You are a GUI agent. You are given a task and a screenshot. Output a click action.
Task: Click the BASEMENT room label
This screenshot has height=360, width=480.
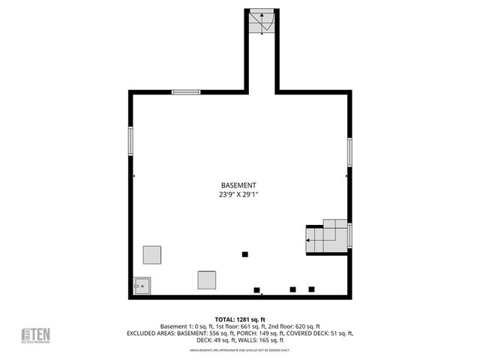click(x=238, y=185)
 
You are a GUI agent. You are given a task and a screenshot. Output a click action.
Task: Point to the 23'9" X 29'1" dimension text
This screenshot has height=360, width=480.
click(x=238, y=194)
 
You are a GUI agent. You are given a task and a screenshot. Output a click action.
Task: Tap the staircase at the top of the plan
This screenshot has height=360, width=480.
click(x=262, y=23)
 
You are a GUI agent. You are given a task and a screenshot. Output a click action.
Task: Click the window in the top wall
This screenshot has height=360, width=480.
click(x=186, y=92)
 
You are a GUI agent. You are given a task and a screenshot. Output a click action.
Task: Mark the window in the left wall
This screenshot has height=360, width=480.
click(x=131, y=141)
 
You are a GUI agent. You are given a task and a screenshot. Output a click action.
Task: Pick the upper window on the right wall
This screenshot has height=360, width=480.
click(x=349, y=151)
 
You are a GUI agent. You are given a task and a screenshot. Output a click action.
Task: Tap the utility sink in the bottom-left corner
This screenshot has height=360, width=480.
click(x=142, y=285)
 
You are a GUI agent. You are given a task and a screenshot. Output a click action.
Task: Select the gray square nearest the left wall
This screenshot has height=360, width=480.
click(x=153, y=254)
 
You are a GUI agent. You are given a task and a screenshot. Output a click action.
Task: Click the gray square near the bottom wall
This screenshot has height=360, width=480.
click(x=207, y=280)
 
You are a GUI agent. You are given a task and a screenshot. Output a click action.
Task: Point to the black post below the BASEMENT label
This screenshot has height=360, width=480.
click(x=244, y=253)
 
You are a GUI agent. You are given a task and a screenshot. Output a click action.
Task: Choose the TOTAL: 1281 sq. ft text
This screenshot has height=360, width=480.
click(x=240, y=319)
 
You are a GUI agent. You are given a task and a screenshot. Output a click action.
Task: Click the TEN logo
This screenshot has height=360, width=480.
click(x=35, y=335)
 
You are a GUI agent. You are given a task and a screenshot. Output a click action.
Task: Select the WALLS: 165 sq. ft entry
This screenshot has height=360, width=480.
click(x=259, y=340)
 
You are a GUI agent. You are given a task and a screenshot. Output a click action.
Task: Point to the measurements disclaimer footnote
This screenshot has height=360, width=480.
click(x=240, y=349)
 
